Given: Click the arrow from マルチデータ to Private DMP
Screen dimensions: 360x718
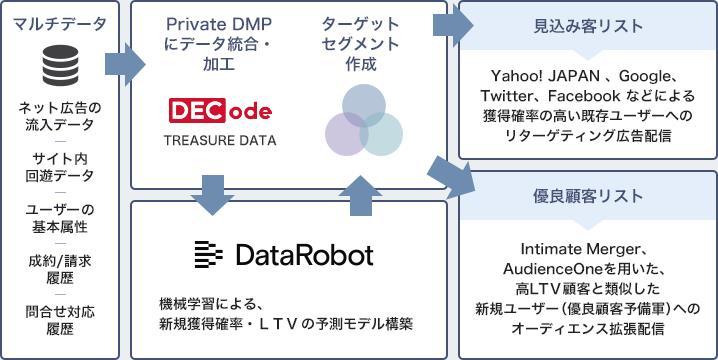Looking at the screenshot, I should click(x=124, y=65).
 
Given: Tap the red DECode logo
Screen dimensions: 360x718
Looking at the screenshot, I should click(x=219, y=110).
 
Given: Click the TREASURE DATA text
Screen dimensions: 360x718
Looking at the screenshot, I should click(x=219, y=141).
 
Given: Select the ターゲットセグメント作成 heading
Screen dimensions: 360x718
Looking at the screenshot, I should click(x=361, y=43).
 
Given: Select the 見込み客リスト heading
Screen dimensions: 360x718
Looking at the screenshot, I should click(x=588, y=26).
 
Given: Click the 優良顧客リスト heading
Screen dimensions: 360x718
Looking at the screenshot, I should click(x=588, y=196).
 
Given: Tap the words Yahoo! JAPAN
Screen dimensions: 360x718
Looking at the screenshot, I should click(x=535, y=76).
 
